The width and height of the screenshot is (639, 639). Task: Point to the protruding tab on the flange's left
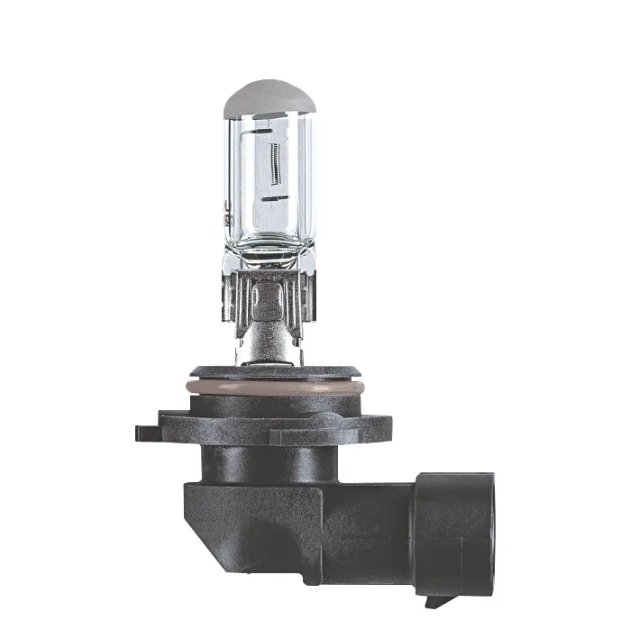click(x=149, y=432)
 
